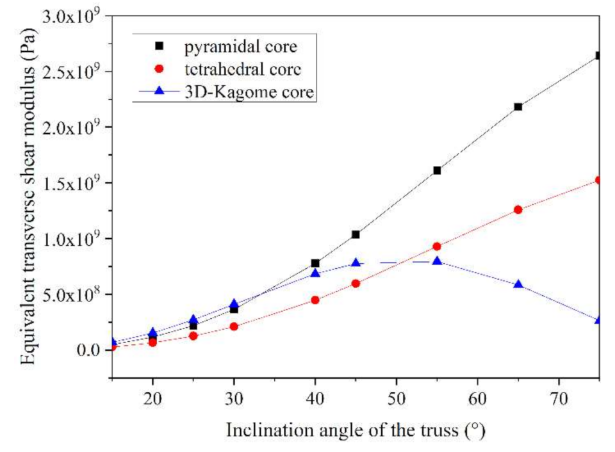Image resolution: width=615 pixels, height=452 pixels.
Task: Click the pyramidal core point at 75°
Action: (x=598, y=56)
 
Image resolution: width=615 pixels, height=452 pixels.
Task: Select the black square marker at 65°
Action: (x=518, y=106)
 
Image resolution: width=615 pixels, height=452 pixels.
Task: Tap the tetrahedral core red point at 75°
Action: (x=598, y=181)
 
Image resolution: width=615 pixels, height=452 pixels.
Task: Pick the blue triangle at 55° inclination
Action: (x=437, y=261)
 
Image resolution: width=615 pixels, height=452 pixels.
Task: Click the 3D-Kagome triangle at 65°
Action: (x=518, y=284)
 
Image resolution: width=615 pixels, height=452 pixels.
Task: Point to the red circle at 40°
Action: (x=315, y=300)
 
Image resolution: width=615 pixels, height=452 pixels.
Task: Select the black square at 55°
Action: (x=437, y=170)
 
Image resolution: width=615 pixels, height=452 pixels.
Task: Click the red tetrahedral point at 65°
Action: (x=518, y=209)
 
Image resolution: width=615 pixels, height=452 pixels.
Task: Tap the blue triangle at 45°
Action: (x=356, y=263)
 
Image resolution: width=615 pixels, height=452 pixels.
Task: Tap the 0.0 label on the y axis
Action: (x=89, y=350)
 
